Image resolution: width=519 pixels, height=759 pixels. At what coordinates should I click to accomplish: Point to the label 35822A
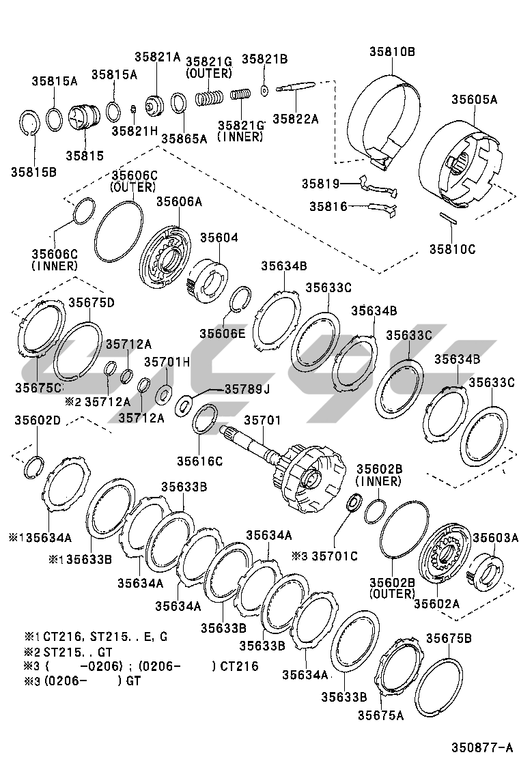(296, 118)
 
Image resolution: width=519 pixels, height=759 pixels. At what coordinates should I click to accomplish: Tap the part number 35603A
(496, 537)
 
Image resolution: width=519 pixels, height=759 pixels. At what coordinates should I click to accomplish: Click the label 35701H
(167, 362)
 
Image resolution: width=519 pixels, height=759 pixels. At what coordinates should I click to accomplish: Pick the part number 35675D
(90, 302)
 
